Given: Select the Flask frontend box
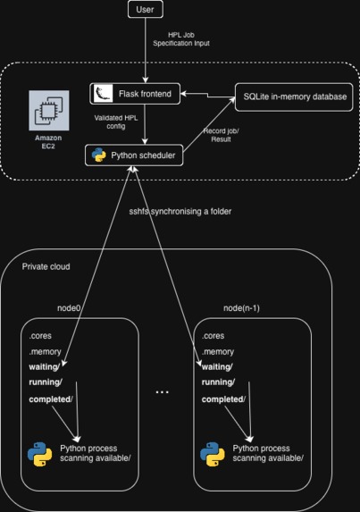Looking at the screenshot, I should pos(136,92).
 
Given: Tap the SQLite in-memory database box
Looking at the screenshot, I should pos(290,97).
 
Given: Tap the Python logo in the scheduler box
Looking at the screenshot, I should pos(99,155).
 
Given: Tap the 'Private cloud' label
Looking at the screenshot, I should pos(47,266).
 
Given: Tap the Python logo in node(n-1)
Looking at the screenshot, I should pos(213,455).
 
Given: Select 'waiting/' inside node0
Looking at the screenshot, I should pos(46,366).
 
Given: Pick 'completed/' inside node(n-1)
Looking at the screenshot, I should pos(223,399).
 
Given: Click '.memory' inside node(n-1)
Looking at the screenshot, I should pos(219,352).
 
